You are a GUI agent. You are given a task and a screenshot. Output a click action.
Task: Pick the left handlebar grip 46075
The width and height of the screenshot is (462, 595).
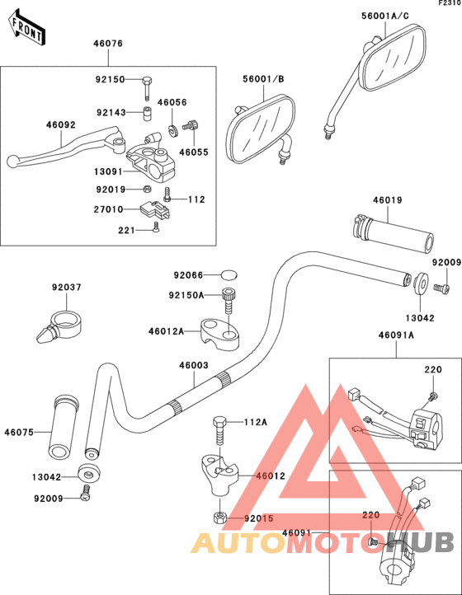pos(64,429)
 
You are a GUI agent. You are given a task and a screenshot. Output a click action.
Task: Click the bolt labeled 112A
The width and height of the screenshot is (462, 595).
pos(219,429)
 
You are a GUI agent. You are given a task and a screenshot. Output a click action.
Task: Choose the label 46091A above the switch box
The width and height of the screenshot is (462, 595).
pos(396,335)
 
